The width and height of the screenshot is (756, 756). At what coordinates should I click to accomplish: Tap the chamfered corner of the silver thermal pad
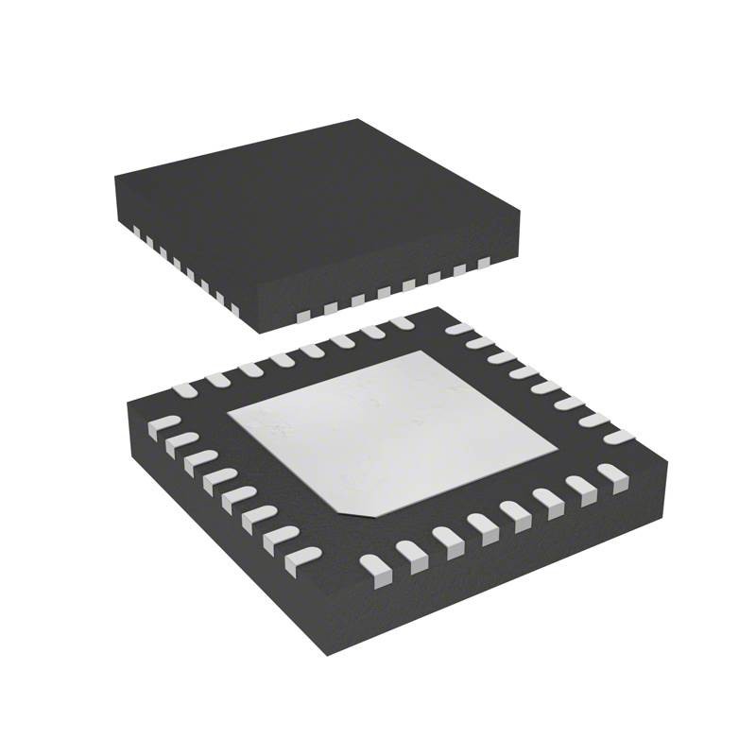pos(354,510)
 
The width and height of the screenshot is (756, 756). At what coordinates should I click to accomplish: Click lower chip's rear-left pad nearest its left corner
pos(185,388)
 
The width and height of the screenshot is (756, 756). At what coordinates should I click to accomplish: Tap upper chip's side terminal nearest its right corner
pos(483,264)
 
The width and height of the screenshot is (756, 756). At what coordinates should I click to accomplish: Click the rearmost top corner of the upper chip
pos(358,120)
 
